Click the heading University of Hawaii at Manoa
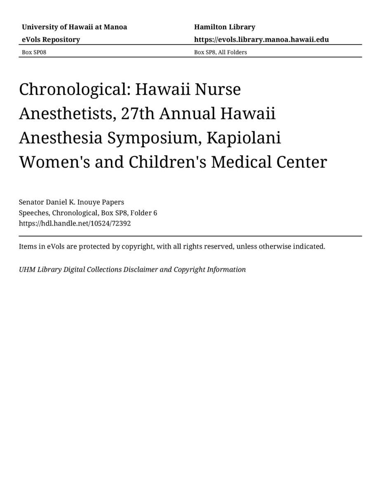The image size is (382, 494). (x=74, y=27)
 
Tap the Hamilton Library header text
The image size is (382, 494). (x=225, y=27)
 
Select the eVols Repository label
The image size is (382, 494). (x=51, y=40)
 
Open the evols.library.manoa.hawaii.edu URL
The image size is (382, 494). (x=261, y=40)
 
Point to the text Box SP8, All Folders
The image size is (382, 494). (x=220, y=52)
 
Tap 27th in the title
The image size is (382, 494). (x=138, y=114)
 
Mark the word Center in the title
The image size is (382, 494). (x=302, y=162)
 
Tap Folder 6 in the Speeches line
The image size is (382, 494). (x=143, y=213)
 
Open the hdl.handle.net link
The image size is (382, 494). (x=75, y=224)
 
